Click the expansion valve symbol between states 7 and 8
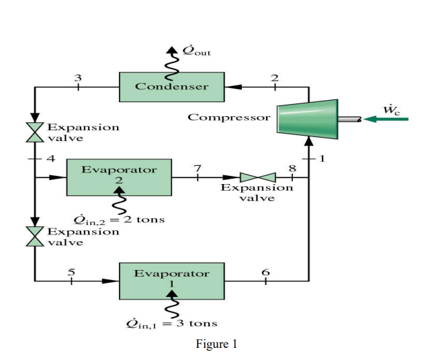click(257, 177)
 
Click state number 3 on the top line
click(78, 77)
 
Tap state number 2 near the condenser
click(274, 77)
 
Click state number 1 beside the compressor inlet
click(321, 159)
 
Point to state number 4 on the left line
click(49, 159)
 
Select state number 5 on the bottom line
click(73, 271)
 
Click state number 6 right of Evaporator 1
click(265, 271)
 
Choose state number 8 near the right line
click(292, 168)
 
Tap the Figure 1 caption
click(216, 344)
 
